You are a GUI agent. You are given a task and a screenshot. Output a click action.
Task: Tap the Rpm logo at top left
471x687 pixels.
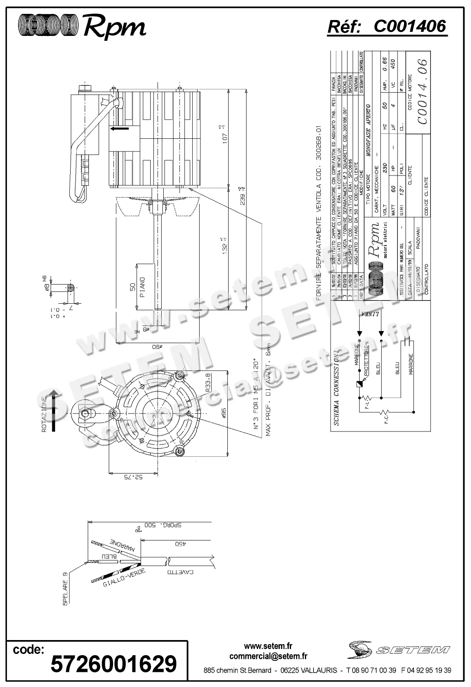coord(82,27)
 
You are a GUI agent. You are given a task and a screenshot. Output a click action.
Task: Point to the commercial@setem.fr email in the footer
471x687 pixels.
coord(268,656)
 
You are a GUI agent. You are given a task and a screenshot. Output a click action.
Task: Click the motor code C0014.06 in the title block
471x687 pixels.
coord(423,92)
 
